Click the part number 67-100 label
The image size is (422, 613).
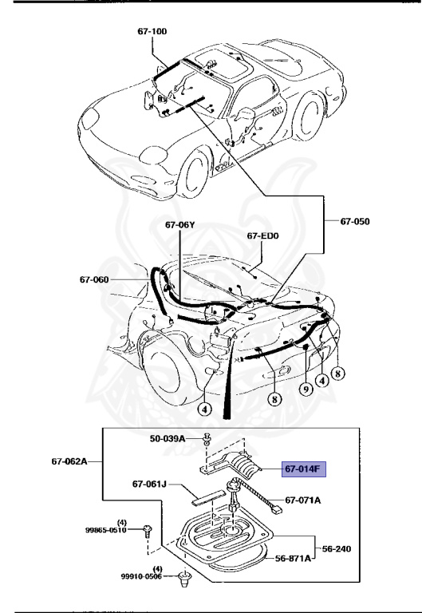tap(153, 32)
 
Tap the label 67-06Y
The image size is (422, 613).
tap(180, 225)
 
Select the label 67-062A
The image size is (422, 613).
tap(69, 461)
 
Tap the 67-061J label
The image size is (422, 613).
tap(149, 484)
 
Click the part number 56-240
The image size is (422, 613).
tap(336, 549)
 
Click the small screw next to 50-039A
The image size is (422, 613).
tap(206, 439)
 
